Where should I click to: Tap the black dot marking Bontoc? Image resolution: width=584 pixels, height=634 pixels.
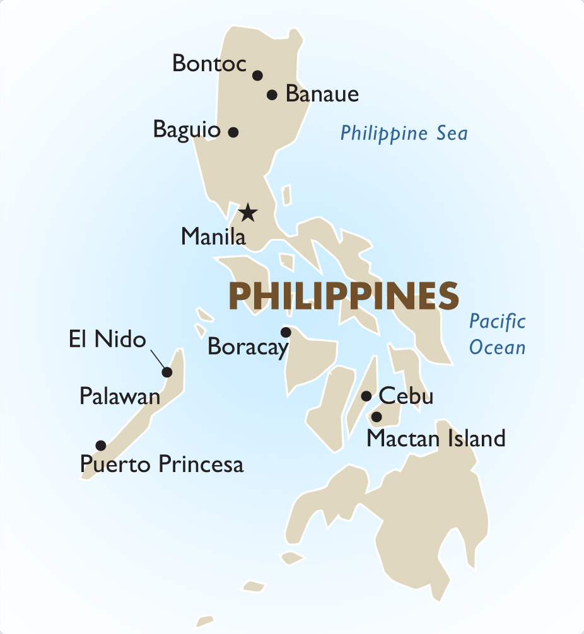pos(257,76)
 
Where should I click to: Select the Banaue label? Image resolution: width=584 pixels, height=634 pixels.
pos(322,95)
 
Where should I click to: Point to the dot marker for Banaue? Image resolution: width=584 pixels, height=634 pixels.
pos(272,95)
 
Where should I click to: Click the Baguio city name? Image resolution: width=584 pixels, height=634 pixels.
pos(187,130)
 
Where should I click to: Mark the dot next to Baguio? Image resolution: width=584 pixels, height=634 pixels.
pos(233,132)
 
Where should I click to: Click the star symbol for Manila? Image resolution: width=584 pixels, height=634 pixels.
pos(248,213)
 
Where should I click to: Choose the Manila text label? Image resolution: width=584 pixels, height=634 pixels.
pos(213,237)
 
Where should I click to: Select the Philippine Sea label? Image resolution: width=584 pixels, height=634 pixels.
pos(404,134)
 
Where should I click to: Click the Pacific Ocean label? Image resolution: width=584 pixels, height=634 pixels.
pos(497,334)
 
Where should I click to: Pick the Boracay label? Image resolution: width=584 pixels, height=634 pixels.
pos(247,347)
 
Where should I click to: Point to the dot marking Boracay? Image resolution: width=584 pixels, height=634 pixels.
pos(286,332)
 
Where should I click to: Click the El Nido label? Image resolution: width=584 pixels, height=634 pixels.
pos(107,340)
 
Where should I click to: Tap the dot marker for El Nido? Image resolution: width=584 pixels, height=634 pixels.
pos(167,372)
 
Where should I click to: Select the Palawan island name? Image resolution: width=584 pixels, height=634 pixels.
pos(120,396)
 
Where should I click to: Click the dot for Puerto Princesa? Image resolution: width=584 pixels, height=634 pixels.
pos(101,446)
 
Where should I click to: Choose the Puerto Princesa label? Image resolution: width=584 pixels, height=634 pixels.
pos(161,465)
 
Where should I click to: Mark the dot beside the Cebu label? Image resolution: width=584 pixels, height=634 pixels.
pos(366,396)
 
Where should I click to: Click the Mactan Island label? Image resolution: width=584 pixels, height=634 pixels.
pos(436,438)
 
